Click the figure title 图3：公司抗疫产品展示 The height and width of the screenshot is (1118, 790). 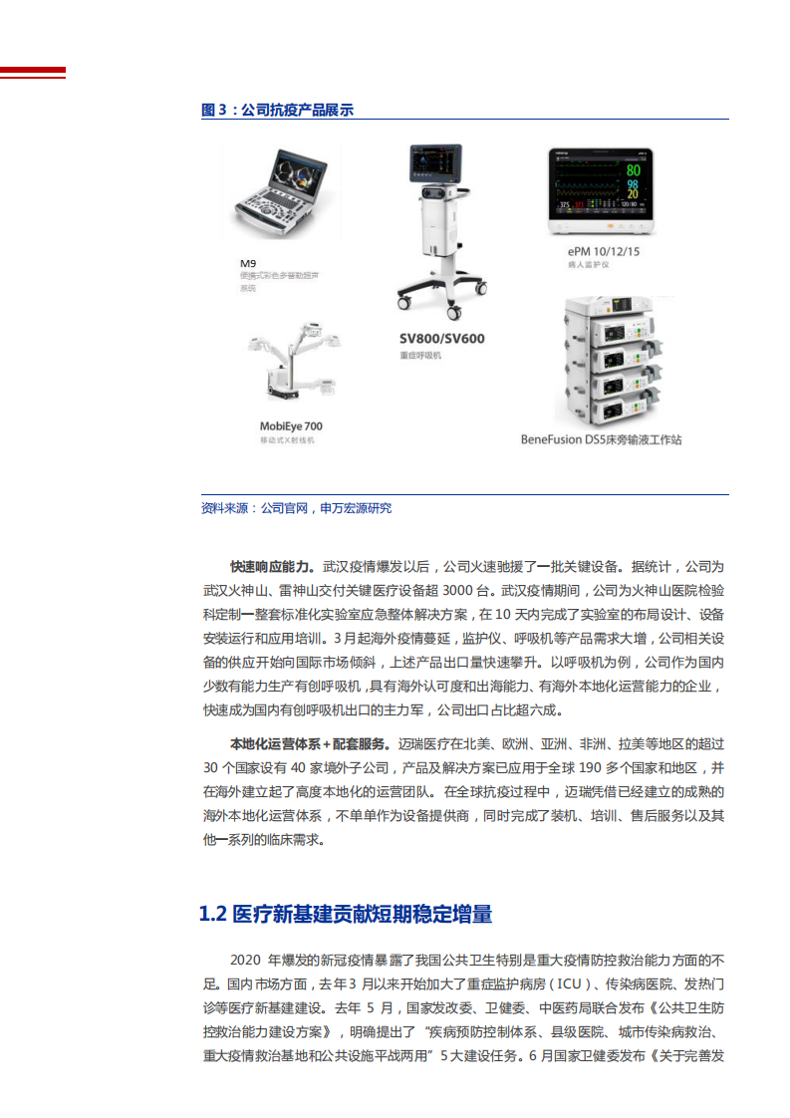tap(277, 110)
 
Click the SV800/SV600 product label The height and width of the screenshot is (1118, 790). tap(441, 338)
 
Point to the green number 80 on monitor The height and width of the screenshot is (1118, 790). tap(633, 168)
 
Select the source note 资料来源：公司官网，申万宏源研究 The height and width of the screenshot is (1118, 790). tap(296, 508)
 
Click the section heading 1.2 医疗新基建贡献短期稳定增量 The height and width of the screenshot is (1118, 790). tap(346, 914)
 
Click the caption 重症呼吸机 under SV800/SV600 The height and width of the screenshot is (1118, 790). tap(419, 356)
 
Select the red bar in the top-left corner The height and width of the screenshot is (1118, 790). tap(33, 72)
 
